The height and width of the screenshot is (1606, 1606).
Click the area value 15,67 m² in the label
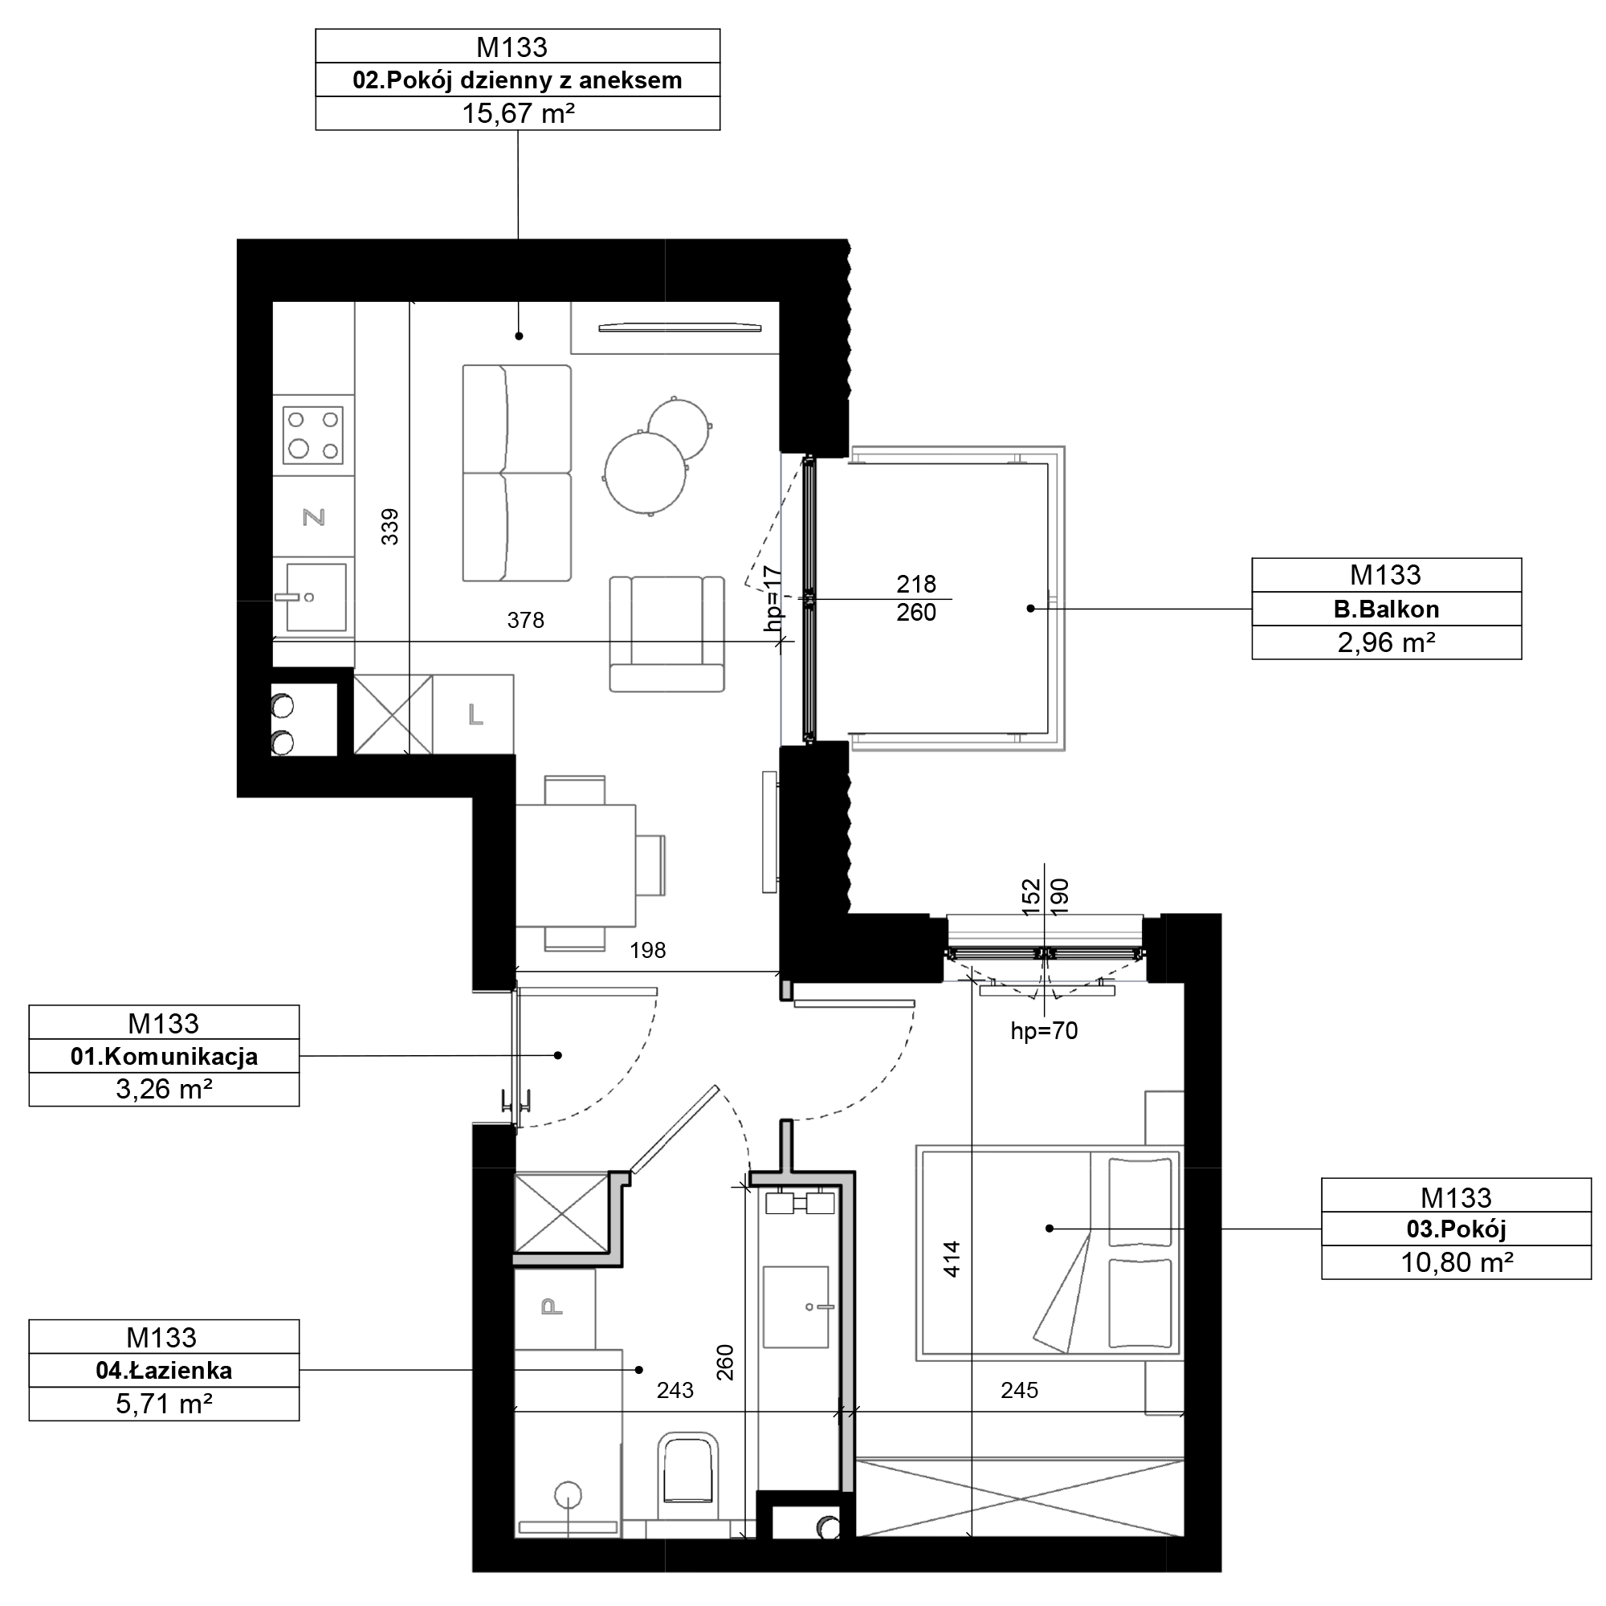pos(518,113)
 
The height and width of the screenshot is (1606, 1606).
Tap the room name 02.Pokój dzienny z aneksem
pos(517,79)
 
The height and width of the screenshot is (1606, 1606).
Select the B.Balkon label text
pos(1386,609)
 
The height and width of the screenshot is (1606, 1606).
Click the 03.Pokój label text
pos(1456,1229)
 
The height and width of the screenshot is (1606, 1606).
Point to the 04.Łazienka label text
pos(164,1370)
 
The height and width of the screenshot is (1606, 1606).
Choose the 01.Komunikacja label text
pos(164,1057)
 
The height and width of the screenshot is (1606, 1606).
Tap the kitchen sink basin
pos(316,597)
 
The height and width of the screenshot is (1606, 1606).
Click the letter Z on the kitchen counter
pos(313,518)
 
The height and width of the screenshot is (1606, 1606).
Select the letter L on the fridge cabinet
pos(475,714)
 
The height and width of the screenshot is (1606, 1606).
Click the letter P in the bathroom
pos(552,1307)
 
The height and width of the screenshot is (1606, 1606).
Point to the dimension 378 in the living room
pos(525,620)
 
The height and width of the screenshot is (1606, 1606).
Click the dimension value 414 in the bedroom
pos(952,1259)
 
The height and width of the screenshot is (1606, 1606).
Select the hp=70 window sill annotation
pos(1044,1032)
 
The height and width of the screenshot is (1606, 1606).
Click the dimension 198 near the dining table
pos(647,950)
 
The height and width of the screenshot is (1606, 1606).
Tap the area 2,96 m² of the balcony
pos(1386,642)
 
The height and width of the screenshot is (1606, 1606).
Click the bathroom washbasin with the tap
pos(797,1307)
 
